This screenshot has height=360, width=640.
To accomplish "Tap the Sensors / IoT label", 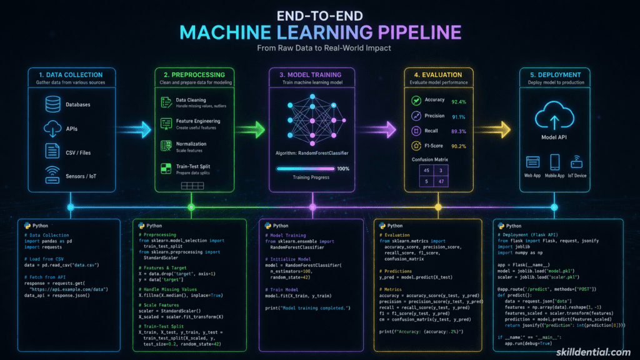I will (82, 176).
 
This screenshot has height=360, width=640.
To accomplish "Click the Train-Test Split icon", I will (166, 168).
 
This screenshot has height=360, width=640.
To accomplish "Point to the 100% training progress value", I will (343, 168).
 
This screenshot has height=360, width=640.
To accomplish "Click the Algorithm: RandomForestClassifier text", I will (311, 153).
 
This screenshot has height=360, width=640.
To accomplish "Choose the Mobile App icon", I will (555, 162).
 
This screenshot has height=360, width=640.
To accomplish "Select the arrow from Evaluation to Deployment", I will (493, 129).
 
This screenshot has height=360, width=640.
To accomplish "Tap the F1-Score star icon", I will (416, 146).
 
